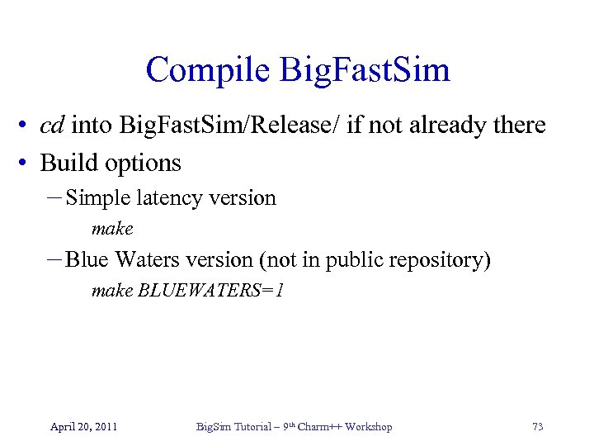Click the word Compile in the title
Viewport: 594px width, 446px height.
point(207,70)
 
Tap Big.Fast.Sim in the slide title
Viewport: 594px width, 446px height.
point(365,70)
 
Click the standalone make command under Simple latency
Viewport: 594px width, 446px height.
point(112,228)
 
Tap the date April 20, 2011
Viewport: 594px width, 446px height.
point(83,427)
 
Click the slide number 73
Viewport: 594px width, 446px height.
point(538,427)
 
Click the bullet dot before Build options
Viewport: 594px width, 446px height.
point(28,164)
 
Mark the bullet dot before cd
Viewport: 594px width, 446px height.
point(28,126)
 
